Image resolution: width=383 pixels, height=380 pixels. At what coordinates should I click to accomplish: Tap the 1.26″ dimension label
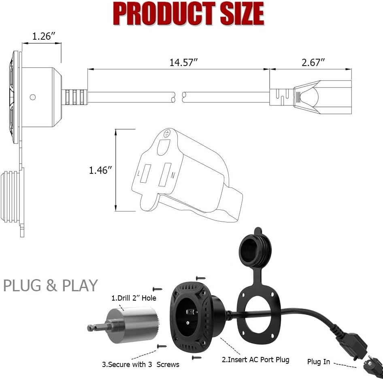pyautogui.click(x=44, y=36)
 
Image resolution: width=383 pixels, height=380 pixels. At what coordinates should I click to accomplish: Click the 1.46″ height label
pyautogui.click(x=100, y=170)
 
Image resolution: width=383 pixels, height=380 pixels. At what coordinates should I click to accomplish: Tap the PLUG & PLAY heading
pyautogui.click(x=51, y=286)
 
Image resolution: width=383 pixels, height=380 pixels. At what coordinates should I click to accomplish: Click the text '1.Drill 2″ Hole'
pyautogui.click(x=134, y=299)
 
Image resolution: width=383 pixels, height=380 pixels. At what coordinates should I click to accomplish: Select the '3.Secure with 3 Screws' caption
pyautogui.click(x=140, y=364)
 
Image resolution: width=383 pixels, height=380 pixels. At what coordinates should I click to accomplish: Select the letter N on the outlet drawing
pyautogui.click(x=173, y=175)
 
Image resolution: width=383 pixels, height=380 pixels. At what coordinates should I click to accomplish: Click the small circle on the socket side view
pyautogui.click(x=33, y=97)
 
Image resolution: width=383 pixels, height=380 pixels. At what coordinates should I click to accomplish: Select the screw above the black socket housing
pyautogui.click(x=200, y=278)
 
